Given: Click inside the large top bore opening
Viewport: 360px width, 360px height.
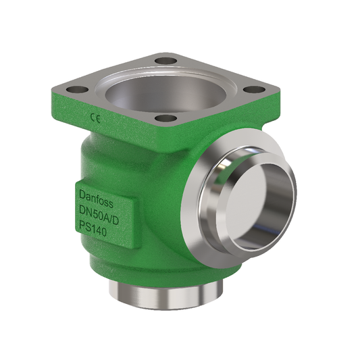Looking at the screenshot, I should [163, 91].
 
